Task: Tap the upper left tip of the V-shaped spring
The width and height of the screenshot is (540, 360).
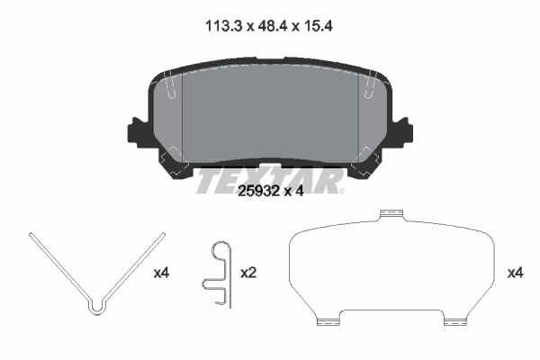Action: click(x=31, y=235)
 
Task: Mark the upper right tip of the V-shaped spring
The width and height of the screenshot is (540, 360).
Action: click(x=164, y=234)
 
